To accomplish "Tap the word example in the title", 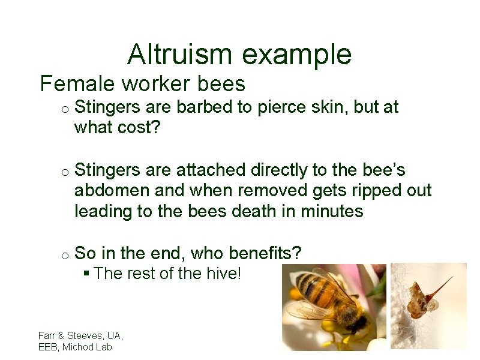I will (x=298, y=55).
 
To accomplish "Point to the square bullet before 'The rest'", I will (x=86, y=274).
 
